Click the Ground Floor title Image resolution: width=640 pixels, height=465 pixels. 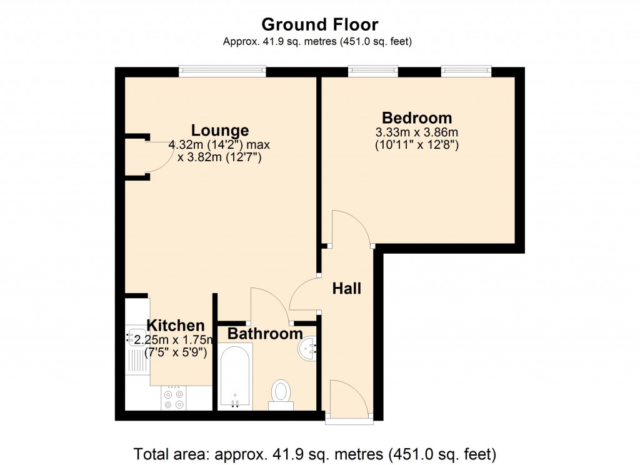319,24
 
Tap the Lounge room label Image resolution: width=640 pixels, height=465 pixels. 219,131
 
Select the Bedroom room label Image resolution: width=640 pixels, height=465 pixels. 417,117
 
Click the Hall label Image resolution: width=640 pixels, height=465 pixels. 346,289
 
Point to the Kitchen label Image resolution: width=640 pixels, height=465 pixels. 176,326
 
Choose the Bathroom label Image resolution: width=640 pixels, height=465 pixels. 265,334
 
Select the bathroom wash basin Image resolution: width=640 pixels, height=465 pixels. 307,349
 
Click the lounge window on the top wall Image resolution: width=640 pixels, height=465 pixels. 222,72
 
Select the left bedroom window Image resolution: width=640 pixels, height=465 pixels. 372,72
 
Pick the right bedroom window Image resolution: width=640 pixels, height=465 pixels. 466,72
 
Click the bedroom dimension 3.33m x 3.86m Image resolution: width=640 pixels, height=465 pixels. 417,132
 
